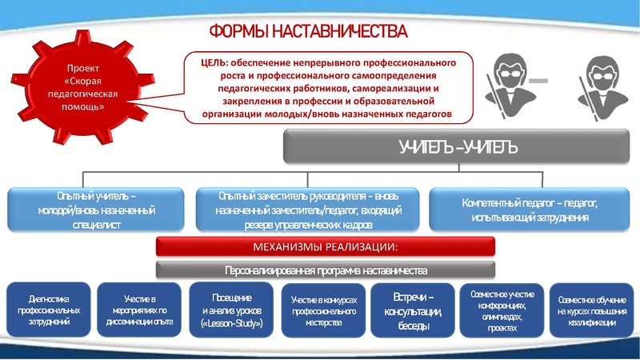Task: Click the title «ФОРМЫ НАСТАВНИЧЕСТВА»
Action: point(308,32)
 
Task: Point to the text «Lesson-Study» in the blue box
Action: point(233,324)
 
